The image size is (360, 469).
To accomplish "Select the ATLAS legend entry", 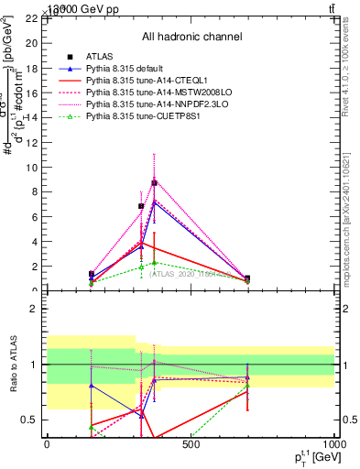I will [x=100, y=57].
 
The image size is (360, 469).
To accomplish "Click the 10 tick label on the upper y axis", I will [x=32, y=168].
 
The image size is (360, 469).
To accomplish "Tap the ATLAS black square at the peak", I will [x=154, y=183].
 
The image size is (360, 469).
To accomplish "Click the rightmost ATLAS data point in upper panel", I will [x=247, y=278].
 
